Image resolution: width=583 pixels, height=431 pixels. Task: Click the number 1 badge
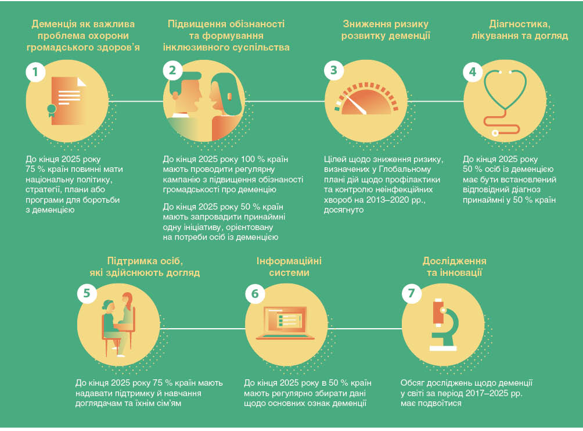(35, 72)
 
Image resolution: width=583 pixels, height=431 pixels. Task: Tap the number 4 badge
(473, 72)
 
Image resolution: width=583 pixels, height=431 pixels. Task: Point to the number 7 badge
(412, 294)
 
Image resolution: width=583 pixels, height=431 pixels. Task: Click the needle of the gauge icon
(354, 105)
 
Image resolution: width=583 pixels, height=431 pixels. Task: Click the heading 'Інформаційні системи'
(289, 267)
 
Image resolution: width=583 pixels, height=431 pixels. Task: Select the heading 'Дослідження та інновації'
(454, 267)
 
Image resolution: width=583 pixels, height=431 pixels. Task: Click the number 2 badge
(172, 72)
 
